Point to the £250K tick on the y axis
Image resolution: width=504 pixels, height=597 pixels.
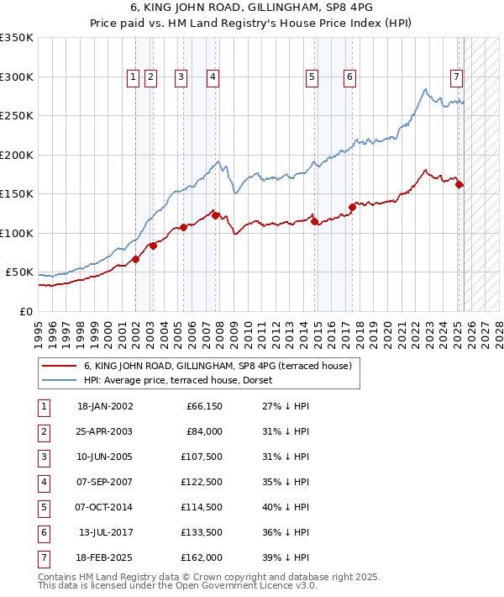pyautogui.click(x=17, y=116)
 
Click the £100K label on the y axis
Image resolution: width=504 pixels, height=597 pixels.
pyautogui.click(x=17, y=233)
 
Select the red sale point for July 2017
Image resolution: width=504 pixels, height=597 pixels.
pyautogui.click(x=352, y=207)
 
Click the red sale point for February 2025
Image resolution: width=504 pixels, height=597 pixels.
pyautogui.click(x=459, y=185)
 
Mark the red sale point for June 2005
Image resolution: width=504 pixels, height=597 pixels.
pyautogui.click(x=183, y=227)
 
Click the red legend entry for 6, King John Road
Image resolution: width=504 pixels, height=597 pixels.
pyautogui.click(x=222, y=366)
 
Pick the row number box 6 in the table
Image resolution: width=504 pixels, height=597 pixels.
pyautogui.click(x=43, y=533)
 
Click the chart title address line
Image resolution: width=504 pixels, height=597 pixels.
pyautogui.click(x=252, y=10)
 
